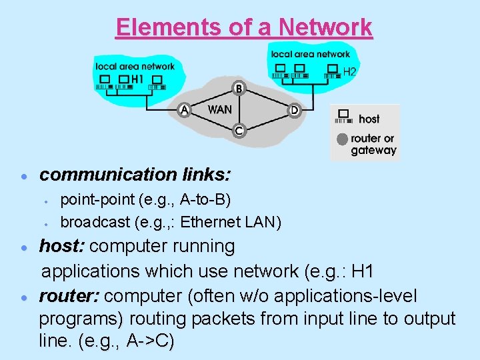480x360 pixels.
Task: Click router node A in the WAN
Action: click(x=185, y=110)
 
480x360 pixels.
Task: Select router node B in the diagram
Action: click(x=239, y=88)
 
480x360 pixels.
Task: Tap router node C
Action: click(x=239, y=131)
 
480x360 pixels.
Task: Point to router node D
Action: click(x=294, y=110)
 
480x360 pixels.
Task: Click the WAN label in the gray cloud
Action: click(x=220, y=109)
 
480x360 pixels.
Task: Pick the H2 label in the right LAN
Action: click(x=350, y=71)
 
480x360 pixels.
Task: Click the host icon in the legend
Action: click(x=344, y=117)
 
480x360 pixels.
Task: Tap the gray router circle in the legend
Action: click(x=343, y=139)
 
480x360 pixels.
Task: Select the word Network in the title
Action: click(x=326, y=27)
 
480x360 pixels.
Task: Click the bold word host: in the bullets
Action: click(x=62, y=246)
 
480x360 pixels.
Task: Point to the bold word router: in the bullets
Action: click(x=70, y=295)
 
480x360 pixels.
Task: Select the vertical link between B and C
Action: click(x=239, y=109)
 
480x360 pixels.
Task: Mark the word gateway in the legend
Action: click(x=374, y=150)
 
